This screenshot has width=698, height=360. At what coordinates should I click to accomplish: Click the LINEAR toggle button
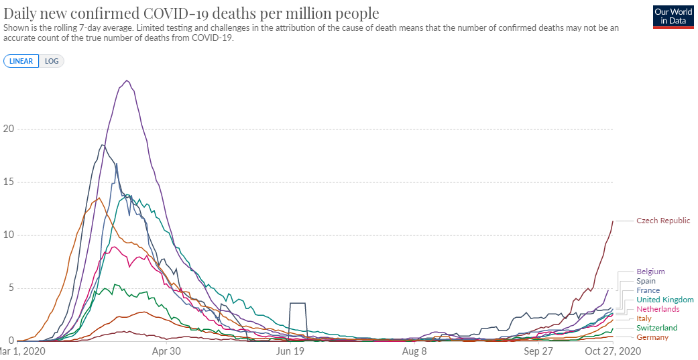(21, 61)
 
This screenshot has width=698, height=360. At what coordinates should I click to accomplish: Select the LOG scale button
(52, 61)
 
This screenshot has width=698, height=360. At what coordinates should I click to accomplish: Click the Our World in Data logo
(673, 16)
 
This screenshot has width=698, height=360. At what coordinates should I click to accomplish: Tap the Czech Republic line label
(663, 221)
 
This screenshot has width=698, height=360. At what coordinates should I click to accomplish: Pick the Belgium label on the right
(650, 272)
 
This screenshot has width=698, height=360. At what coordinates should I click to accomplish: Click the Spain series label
(646, 281)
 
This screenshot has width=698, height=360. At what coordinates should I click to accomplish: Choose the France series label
(648, 290)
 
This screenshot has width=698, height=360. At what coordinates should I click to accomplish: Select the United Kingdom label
(664, 300)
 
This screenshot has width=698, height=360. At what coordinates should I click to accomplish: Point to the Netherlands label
(658, 309)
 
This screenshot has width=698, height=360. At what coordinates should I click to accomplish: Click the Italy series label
(644, 318)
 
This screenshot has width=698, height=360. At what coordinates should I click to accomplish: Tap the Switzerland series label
(657, 328)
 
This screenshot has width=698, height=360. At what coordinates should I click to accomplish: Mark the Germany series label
(652, 337)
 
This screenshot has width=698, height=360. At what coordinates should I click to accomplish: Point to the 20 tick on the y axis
(8, 129)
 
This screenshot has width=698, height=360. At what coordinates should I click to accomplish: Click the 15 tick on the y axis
(8, 182)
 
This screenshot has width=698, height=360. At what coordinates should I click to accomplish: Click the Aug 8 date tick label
(415, 351)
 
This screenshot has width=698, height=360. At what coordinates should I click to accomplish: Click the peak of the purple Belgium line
(127, 80)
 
